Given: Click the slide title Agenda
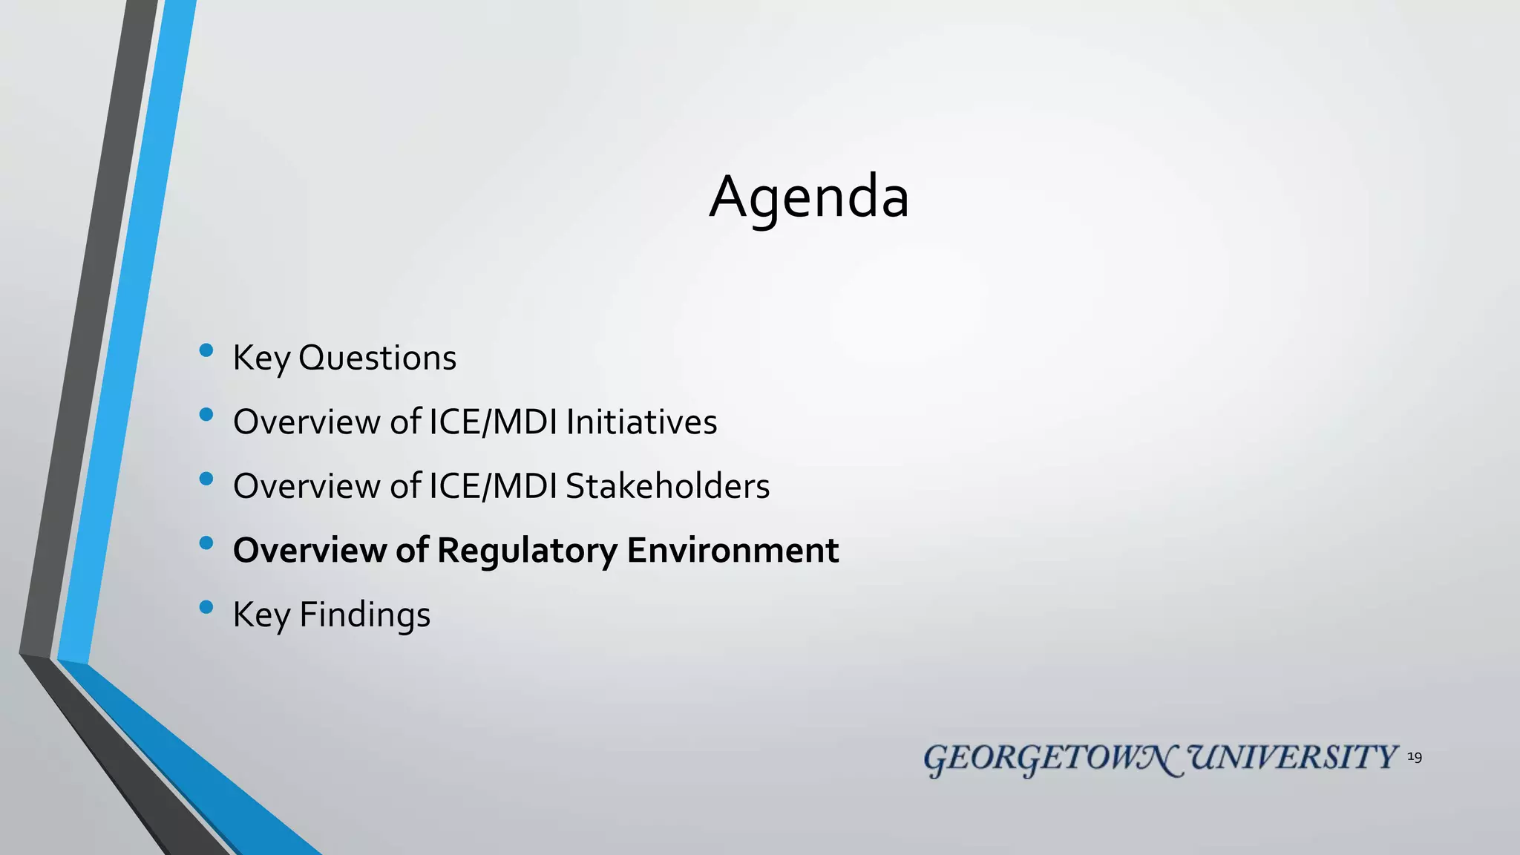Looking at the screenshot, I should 809,197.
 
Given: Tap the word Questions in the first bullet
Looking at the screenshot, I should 377,358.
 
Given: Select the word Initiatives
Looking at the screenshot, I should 641,422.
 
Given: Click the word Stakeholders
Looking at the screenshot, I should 667,486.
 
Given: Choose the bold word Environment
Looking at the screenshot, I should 733,550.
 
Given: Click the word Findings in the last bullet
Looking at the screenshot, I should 364,615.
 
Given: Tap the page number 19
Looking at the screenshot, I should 1415,757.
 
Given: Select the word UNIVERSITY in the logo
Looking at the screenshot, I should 1293,758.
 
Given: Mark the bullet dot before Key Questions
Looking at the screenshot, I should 206,350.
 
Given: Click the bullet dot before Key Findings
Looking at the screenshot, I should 206,607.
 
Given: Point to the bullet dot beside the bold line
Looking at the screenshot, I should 206,543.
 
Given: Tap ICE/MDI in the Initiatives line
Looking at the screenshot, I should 493,422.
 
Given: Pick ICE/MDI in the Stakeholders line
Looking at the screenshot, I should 493,486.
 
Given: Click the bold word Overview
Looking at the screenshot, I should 309,550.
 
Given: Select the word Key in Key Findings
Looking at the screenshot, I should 261,615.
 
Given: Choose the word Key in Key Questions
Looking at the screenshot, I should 261,358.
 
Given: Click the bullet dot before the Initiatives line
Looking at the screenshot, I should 206,414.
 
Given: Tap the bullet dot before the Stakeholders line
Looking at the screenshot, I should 206,479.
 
